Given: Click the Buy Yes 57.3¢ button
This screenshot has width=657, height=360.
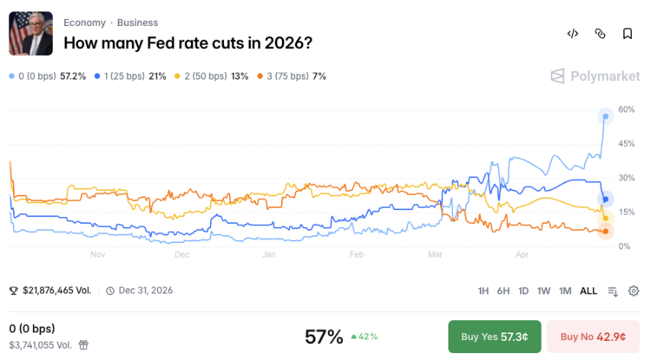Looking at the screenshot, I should coord(494,336).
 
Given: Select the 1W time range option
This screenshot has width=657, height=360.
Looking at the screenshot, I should coord(544,290).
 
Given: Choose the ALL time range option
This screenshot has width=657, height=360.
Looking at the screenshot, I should coord(588,290).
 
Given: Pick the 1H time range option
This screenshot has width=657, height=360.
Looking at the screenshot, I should coord(484,290).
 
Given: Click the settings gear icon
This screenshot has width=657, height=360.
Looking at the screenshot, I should coord(633,290).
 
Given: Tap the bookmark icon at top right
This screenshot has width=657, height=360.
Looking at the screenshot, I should coord(627,34).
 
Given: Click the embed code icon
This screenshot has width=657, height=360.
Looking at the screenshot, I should coord(572,34).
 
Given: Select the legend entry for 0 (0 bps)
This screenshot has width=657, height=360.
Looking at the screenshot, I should coord(47,76).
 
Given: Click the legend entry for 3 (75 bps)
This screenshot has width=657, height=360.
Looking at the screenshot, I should coord(292,76).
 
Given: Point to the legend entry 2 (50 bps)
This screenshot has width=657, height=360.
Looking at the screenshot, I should coord(212,76).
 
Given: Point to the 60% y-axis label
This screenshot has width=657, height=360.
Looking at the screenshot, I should coord(626,109).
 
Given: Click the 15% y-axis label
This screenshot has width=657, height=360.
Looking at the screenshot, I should coord(626,212).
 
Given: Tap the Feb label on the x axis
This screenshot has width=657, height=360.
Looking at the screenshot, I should coord(356,255).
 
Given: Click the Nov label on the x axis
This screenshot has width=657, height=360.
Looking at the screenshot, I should coord(97,255).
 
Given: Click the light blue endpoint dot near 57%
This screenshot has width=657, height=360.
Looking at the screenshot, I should coord(605,116).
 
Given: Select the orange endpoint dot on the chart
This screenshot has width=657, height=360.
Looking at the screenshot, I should coord(605,231).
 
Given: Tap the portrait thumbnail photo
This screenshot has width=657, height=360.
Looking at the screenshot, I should coord(31,34).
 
